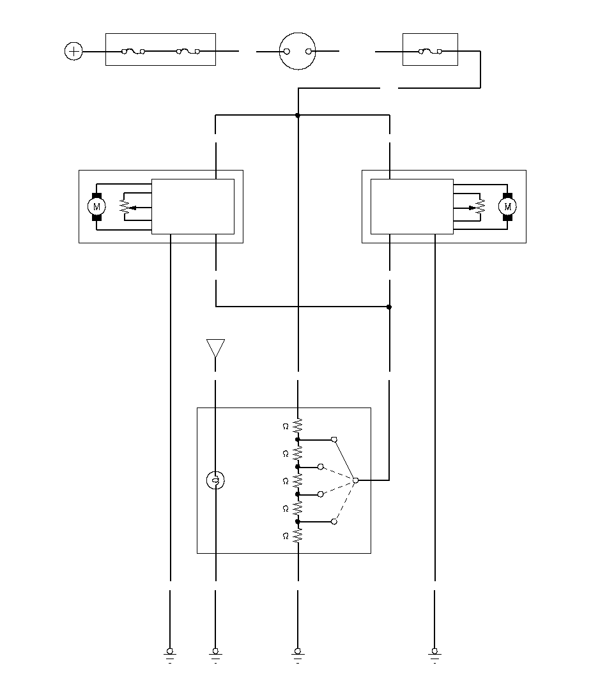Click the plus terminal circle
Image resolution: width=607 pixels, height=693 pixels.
(x=73, y=51)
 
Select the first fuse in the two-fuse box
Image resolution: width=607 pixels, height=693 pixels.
(x=133, y=51)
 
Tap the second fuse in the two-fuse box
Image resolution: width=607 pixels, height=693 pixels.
(x=188, y=51)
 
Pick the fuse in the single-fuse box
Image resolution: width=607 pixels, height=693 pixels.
(x=430, y=51)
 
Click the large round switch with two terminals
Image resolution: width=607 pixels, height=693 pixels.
(x=298, y=51)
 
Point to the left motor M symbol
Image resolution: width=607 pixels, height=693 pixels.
(x=96, y=206)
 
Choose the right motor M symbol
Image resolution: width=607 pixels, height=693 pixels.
(x=507, y=206)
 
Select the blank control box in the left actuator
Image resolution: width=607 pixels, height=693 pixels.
(x=193, y=206)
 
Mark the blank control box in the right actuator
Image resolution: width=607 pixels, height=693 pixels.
(x=412, y=206)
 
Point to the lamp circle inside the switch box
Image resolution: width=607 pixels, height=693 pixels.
(x=215, y=480)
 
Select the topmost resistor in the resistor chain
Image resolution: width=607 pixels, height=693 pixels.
(x=298, y=426)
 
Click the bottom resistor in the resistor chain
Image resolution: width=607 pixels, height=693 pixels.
(x=298, y=536)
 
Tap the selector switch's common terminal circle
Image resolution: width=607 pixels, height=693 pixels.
(x=355, y=480)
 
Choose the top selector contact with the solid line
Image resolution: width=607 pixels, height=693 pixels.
(x=334, y=440)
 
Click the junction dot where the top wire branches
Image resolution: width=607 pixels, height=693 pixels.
(x=298, y=116)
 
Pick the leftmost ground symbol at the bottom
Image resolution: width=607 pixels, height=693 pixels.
(x=170, y=655)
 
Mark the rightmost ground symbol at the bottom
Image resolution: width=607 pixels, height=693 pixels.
(x=434, y=655)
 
